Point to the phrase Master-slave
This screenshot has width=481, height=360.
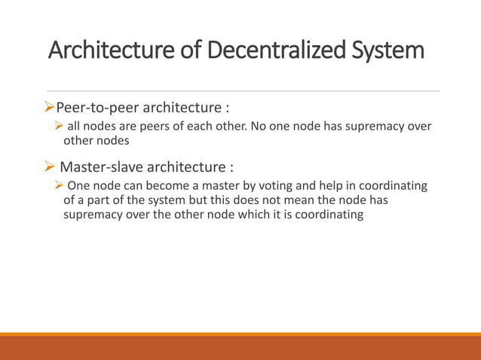[101, 166]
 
